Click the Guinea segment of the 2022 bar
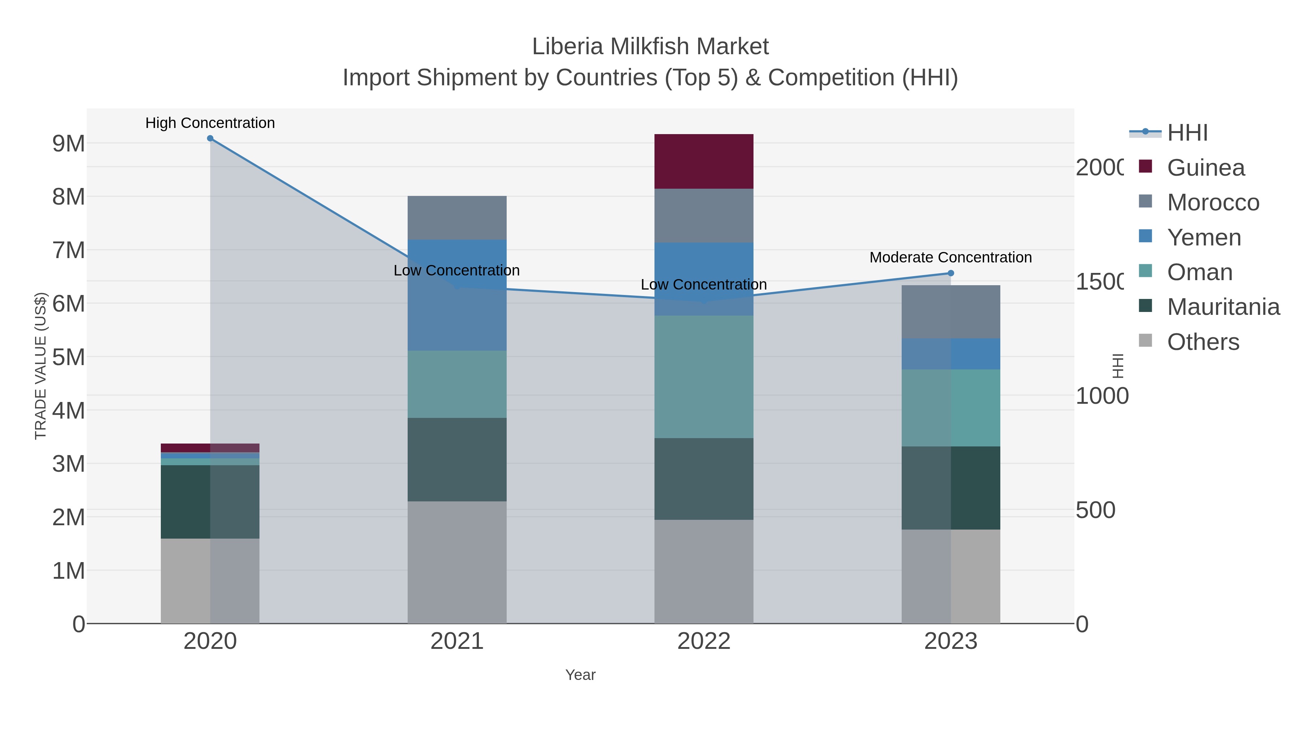tap(704, 161)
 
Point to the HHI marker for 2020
tap(210, 138)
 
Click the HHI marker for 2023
tap(950, 273)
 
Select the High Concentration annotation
tap(210, 123)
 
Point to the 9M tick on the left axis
tap(69, 144)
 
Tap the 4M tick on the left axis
tap(69, 410)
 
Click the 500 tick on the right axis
tap(1095, 510)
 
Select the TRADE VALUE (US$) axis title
tap(40, 366)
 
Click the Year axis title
tap(580, 675)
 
